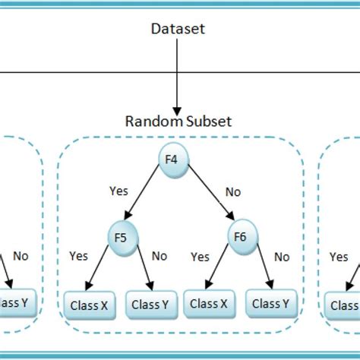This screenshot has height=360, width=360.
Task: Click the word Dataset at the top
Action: click(x=178, y=30)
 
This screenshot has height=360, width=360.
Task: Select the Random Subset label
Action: click(x=178, y=122)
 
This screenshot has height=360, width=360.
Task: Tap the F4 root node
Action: click(x=173, y=159)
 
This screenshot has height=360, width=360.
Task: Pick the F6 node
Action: click(x=239, y=237)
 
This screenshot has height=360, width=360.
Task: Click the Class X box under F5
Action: click(x=86, y=305)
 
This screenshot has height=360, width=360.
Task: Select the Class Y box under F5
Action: click(x=150, y=305)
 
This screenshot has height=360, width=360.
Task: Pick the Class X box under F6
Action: click(x=209, y=304)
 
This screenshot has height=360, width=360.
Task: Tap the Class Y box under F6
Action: click(x=270, y=304)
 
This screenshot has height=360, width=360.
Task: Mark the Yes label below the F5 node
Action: click(x=80, y=257)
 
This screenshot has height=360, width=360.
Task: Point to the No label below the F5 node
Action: click(x=159, y=256)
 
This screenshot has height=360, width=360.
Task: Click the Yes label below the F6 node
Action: click(x=200, y=257)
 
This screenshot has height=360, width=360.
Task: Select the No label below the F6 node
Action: click(x=282, y=257)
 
